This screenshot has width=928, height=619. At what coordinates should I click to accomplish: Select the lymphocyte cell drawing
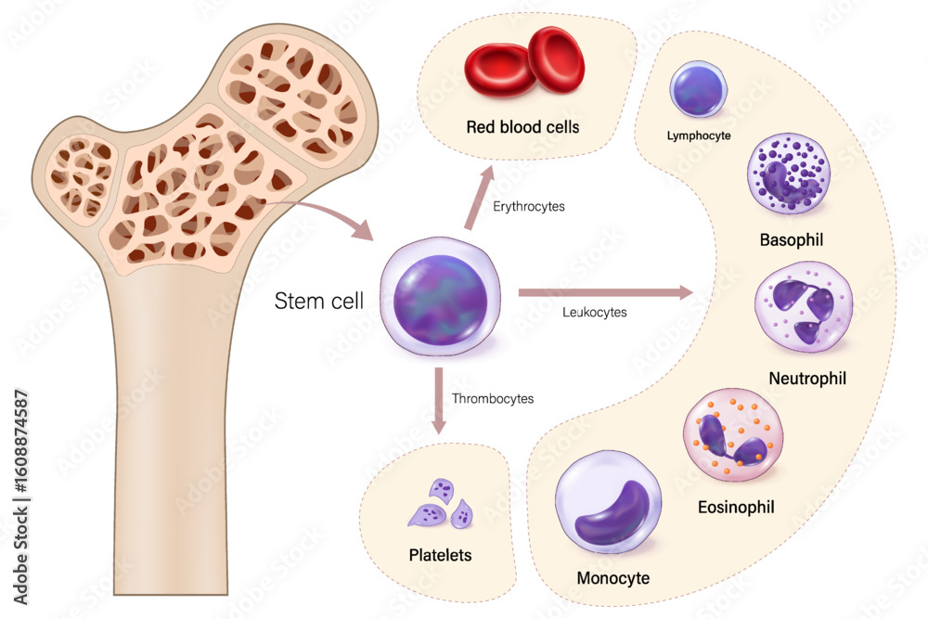click(697, 93)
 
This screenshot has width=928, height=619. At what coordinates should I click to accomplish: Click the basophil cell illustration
click(788, 174)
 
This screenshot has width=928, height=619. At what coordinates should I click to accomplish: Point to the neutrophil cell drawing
click(803, 314)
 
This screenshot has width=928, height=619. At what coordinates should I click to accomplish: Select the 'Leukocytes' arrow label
click(595, 312)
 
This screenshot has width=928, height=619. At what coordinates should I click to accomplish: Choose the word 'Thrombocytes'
click(493, 399)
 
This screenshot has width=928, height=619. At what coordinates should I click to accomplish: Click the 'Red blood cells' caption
click(523, 127)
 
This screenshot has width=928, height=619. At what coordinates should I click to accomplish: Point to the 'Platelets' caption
click(440, 556)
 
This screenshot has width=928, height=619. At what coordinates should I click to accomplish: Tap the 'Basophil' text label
click(792, 240)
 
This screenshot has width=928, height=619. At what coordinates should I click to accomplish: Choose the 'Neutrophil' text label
click(807, 379)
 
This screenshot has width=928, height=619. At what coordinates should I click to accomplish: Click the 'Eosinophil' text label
click(736, 507)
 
